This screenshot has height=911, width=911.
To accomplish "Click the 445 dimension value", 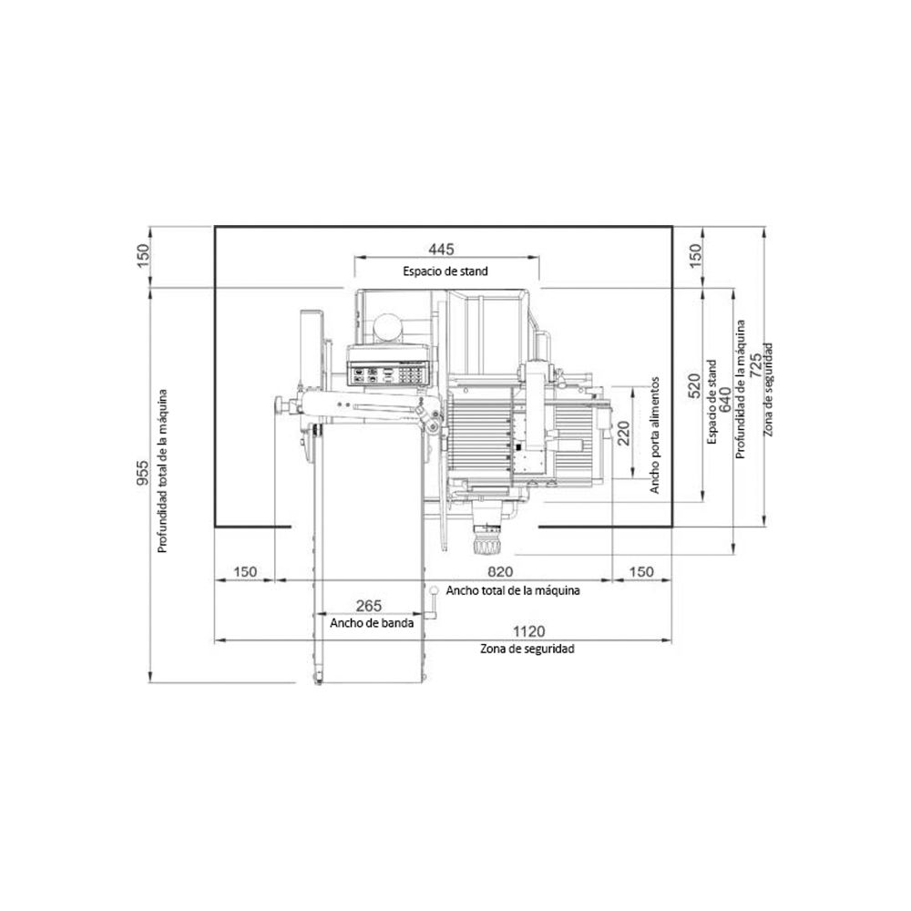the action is click(x=442, y=250).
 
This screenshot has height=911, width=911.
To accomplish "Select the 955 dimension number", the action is click(x=142, y=473).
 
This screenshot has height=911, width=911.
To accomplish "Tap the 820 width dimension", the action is click(x=500, y=572).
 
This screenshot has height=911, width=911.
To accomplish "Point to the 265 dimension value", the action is click(x=368, y=606).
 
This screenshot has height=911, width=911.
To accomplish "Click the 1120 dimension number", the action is click(x=528, y=631).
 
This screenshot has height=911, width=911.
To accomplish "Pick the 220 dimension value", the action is click(x=623, y=434).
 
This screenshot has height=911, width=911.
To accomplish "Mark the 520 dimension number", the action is click(x=695, y=385).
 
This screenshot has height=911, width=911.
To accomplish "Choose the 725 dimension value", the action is click(x=756, y=365).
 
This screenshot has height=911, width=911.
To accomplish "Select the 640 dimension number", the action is click(x=726, y=400).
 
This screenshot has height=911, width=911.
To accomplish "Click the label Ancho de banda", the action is click(x=372, y=623).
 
